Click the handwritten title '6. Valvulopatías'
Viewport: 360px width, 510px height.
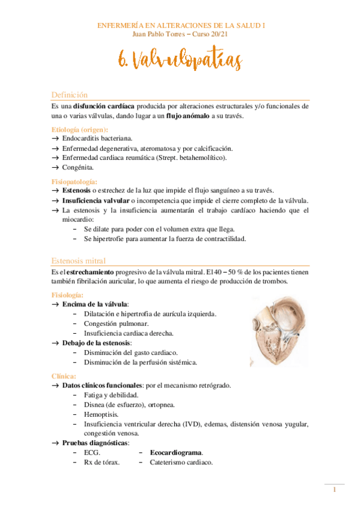pos(180,61)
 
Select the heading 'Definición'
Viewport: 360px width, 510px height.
pos(70,95)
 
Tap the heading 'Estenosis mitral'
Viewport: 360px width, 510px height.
pos(79,261)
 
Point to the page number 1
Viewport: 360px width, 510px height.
pos(334,491)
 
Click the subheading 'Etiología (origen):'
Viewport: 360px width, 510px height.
pos(80,129)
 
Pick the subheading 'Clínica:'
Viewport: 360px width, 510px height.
pos(64,376)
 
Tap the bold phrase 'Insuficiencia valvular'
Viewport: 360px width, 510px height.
pos(96,200)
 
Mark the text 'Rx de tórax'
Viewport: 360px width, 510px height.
pos(101,462)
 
